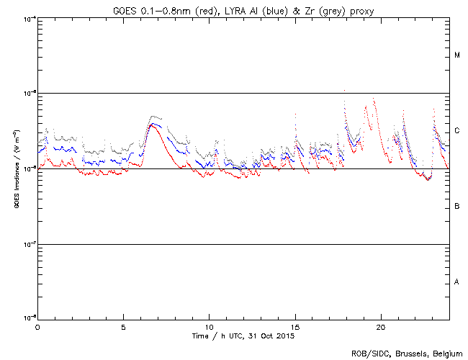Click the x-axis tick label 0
pyautogui.click(x=37, y=326)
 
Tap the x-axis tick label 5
pyautogui.click(x=123, y=326)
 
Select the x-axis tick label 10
pyautogui.click(x=209, y=326)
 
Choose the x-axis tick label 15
pyautogui.click(x=295, y=326)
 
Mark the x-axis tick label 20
pyautogui.click(x=381, y=326)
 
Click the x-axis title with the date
pyautogui.click(x=243, y=336)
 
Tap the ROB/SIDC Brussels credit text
pyautogui.click(x=407, y=353)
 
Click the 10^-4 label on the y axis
pyautogui.click(x=30, y=18)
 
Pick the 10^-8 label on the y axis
pyautogui.click(x=30, y=318)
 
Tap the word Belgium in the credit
pyautogui.click(x=447, y=353)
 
